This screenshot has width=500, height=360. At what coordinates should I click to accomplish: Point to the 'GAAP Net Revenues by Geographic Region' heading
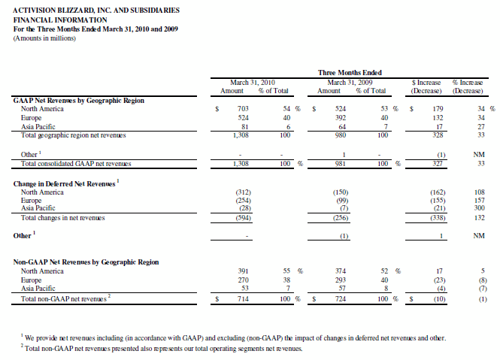79,99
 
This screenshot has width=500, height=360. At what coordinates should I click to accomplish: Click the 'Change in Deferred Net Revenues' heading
65,183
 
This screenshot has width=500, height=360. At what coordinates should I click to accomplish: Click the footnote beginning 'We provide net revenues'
233,338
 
